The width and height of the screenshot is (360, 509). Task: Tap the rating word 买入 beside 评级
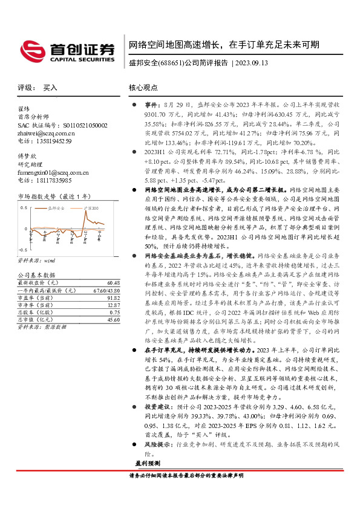[50, 88]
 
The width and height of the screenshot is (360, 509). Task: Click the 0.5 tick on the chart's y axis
[24, 207]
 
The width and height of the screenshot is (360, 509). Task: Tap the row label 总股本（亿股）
[36, 313]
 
